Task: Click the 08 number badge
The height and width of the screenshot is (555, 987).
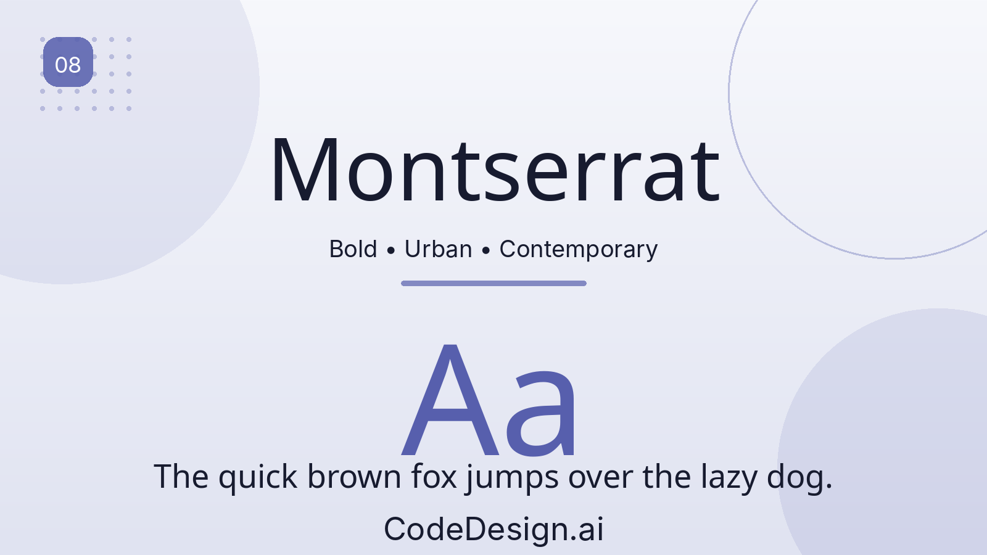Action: pos(68,62)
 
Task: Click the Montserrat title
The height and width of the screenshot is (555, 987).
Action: pos(495,170)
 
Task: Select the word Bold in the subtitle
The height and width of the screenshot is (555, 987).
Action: pos(353,249)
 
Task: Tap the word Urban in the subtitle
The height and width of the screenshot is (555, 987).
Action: pos(438,249)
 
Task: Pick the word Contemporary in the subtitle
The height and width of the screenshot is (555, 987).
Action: pos(578,250)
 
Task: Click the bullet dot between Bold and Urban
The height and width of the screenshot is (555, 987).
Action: pos(390,250)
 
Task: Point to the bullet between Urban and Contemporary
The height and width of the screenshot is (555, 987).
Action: pos(485,250)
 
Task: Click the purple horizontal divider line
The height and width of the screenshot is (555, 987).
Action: pos(493,283)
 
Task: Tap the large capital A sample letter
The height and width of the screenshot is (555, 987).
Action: pos(450,400)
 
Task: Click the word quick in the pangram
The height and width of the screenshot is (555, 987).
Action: pos(258,479)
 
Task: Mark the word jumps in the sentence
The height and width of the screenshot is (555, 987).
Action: pos(512,479)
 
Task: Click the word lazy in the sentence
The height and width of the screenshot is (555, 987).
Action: pos(729,479)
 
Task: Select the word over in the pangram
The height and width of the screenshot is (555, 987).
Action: pos(601,479)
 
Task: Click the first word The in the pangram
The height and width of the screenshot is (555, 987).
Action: pos(181,476)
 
